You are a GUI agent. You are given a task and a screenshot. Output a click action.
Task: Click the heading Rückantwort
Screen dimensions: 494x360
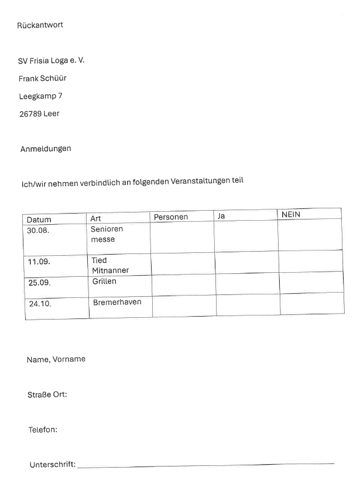(40, 25)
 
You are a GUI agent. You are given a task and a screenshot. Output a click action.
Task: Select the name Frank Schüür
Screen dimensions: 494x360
(43, 78)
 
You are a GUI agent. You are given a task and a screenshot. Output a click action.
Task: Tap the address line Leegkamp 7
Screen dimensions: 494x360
(40, 96)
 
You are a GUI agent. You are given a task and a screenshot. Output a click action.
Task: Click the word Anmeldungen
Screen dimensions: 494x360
(46, 149)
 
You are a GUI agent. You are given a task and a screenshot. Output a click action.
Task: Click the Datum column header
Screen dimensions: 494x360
(39, 219)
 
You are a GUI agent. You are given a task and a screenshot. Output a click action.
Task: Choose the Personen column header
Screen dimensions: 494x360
(171, 217)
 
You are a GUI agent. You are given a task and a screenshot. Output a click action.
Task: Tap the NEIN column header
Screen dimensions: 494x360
(291, 215)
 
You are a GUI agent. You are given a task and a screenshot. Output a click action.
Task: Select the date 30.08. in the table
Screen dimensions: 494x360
(38, 231)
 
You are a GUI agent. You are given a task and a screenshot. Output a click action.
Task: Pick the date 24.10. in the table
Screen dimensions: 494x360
(40, 304)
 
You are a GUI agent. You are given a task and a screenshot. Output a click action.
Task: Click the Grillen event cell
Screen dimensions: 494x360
(104, 282)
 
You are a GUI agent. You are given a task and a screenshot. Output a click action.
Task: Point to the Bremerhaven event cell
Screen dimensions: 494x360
(117, 303)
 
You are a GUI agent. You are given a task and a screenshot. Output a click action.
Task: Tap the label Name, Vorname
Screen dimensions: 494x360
(56, 359)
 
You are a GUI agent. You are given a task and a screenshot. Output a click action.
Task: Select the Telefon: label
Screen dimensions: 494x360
(43, 430)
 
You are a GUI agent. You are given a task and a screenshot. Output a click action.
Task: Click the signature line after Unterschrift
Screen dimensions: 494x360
(205, 465)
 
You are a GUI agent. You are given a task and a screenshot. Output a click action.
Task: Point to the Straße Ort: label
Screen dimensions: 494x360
(47, 394)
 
